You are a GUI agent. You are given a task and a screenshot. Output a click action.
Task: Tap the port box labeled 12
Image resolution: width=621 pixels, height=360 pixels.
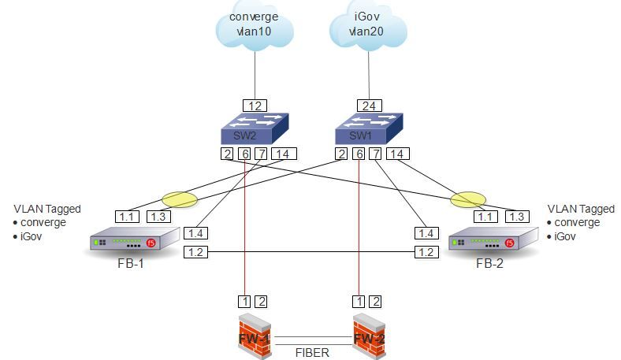click(x=255, y=106)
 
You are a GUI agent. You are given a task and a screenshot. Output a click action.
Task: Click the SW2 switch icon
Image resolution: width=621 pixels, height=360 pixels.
click(x=255, y=128)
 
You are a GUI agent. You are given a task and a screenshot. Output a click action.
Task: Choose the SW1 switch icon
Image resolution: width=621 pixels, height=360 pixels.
click(x=368, y=128)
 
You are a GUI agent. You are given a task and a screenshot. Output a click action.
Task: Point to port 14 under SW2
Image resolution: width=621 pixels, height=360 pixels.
click(x=283, y=154)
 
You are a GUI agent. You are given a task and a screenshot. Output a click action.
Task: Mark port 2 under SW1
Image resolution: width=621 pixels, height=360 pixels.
click(x=341, y=154)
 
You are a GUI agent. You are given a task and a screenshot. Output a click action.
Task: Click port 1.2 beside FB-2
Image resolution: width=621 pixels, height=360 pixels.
click(x=426, y=252)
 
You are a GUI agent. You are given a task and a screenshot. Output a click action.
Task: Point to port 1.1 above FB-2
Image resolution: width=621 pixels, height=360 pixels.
click(x=485, y=217)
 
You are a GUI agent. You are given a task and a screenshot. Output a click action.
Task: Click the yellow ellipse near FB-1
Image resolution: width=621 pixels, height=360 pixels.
click(x=179, y=200)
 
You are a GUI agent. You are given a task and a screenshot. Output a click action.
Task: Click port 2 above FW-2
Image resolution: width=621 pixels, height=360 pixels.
click(x=376, y=301)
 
